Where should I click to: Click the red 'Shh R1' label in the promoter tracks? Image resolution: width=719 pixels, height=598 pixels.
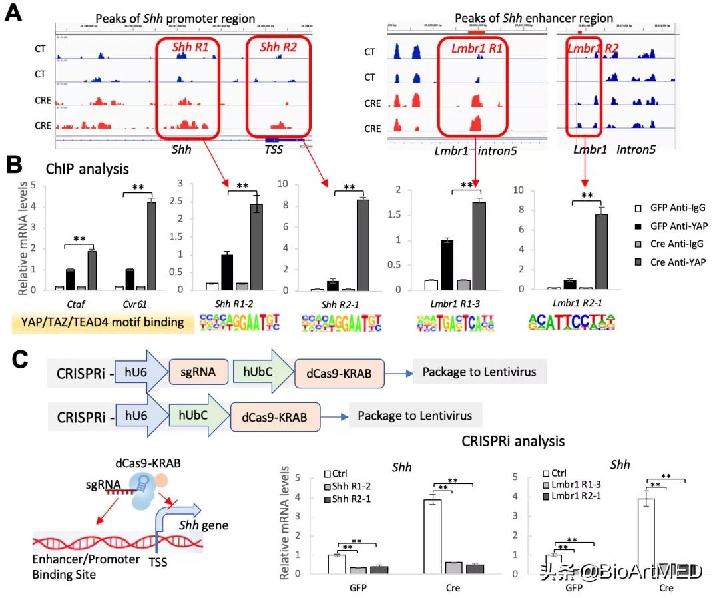tap(187, 48)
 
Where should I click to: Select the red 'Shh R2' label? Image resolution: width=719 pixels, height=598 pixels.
tap(278, 48)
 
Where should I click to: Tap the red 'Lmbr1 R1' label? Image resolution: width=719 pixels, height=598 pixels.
tap(473, 49)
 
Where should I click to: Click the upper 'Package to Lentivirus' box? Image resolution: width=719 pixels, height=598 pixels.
tap(474, 372)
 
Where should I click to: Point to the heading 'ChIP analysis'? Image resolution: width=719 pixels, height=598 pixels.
tap(87, 169)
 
